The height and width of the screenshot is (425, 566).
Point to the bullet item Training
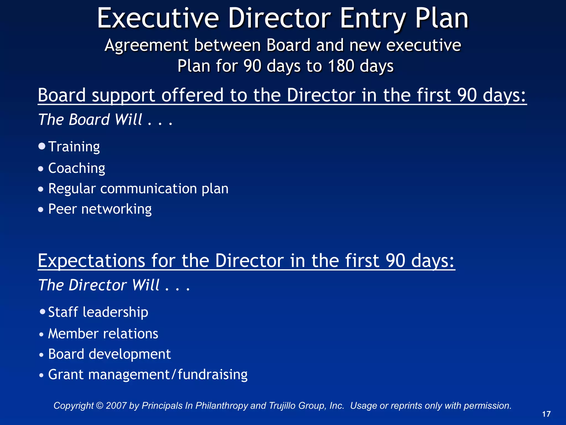click(x=74, y=146)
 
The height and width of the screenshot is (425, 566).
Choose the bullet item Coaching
click(x=77, y=168)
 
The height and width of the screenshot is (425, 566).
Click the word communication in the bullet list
click(x=148, y=189)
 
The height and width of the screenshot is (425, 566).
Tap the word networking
click(x=116, y=209)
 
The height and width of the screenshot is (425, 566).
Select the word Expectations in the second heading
click(x=91, y=261)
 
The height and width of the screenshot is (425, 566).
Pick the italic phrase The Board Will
click(x=90, y=120)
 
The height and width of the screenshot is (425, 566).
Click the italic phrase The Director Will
click(x=99, y=285)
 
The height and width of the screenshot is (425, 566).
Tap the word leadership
click(x=115, y=312)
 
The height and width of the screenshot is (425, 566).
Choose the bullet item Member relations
click(x=103, y=333)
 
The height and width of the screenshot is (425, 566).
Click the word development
click(x=130, y=354)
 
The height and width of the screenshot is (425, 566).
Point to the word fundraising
click(x=213, y=375)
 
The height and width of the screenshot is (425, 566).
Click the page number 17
click(x=546, y=414)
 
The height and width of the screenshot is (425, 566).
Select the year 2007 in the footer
click(x=116, y=406)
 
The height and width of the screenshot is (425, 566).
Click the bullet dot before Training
click(x=42, y=146)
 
